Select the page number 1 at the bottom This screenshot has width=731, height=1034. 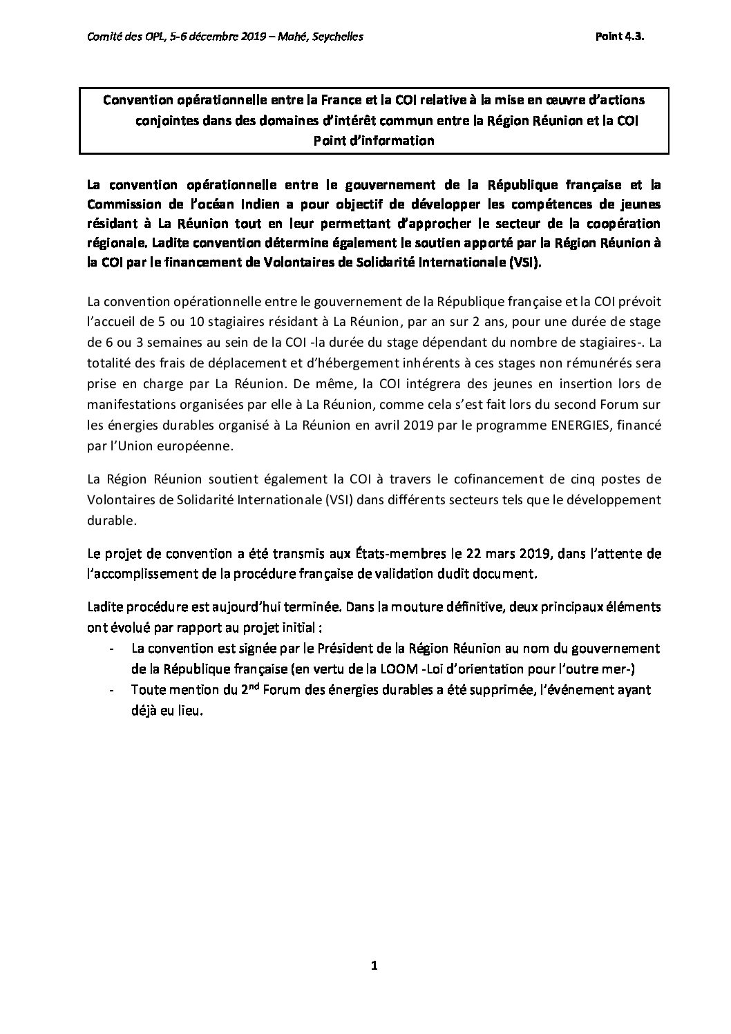pos(373,966)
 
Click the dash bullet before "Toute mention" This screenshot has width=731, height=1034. pos(113,690)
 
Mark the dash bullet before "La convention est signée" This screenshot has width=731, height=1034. pos(113,649)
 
